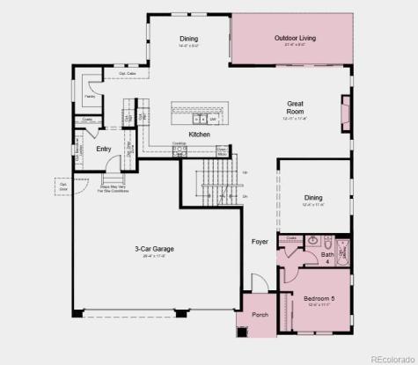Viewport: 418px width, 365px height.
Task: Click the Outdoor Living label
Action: (295, 39)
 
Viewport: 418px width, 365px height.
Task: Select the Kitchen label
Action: (199, 134)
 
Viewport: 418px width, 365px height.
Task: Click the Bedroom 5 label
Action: (319, 299)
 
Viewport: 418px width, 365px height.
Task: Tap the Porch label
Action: (260, 314)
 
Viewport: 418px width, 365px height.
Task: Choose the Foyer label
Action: (260, 241)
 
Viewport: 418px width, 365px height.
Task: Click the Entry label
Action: (104, 150)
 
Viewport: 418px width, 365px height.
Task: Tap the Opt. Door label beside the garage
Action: (63, 186)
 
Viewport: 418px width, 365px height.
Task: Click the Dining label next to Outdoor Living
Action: (188, 39)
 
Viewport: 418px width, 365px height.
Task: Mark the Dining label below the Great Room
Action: (313, 198)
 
